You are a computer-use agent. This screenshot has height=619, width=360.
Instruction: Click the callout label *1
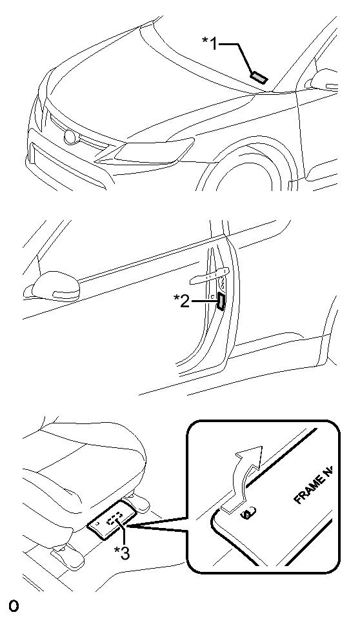210,43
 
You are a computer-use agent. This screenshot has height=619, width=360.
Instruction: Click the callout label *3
121,553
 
